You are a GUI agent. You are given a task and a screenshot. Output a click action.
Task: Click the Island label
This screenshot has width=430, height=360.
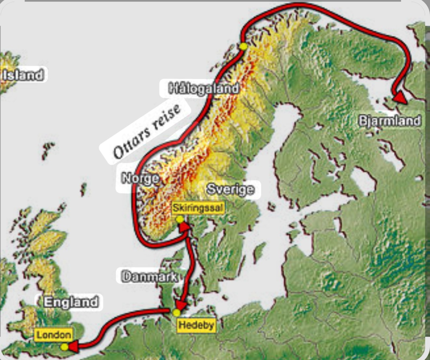tap(23, 75)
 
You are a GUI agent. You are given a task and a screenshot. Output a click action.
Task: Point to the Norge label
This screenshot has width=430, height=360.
tap(140, 178)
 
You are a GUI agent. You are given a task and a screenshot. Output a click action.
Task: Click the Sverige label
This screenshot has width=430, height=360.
tap(230, 189)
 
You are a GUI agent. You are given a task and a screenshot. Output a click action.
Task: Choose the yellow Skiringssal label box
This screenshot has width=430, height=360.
tap(197, 208)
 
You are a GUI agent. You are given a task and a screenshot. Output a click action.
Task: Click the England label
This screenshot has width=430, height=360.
tap(71, 302)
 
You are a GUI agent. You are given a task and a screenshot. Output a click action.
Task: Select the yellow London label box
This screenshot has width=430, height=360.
tap(54, 335)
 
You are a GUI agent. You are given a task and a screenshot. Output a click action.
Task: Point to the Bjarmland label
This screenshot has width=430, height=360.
tap(389, 120)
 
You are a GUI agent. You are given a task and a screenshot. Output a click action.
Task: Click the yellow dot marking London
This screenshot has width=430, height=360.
tap(64, 347)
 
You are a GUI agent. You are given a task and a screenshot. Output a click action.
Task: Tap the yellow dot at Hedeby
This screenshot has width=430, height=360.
tap(176, 312)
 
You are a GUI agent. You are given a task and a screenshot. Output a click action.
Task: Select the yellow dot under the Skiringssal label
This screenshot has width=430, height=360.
tap(180, 219)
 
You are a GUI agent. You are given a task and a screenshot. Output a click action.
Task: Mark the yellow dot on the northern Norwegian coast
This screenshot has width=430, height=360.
tap(243, 46)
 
